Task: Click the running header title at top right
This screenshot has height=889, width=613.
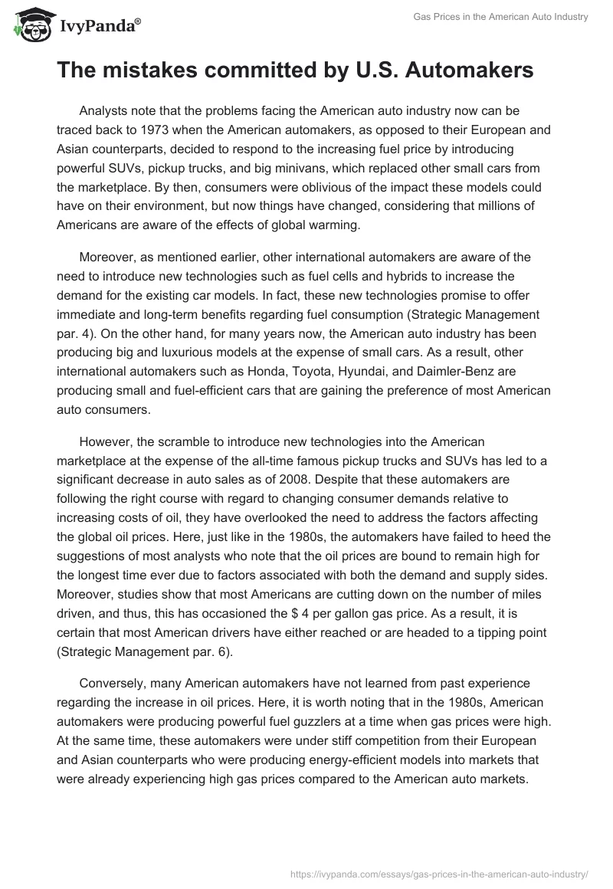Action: tap(511, 17)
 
